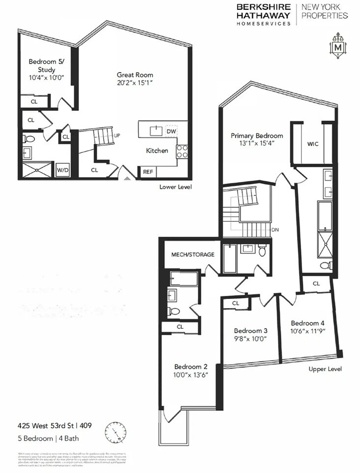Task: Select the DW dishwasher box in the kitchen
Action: (x=171, y=131)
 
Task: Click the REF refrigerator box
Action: (x=147, y=172)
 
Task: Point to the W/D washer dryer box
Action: (x=62, y=170)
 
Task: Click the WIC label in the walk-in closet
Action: (x=313, y=144)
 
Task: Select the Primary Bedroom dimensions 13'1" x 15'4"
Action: (x=257, y=144)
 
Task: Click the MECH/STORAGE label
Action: (x=193, y=255)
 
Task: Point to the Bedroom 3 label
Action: (x=250, y=330)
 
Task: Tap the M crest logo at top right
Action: (x=337, y=47)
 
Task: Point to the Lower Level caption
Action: (x=175, y=187)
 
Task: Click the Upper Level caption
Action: (x=325, y=369)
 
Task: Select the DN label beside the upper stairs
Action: (x=275, y=229)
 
